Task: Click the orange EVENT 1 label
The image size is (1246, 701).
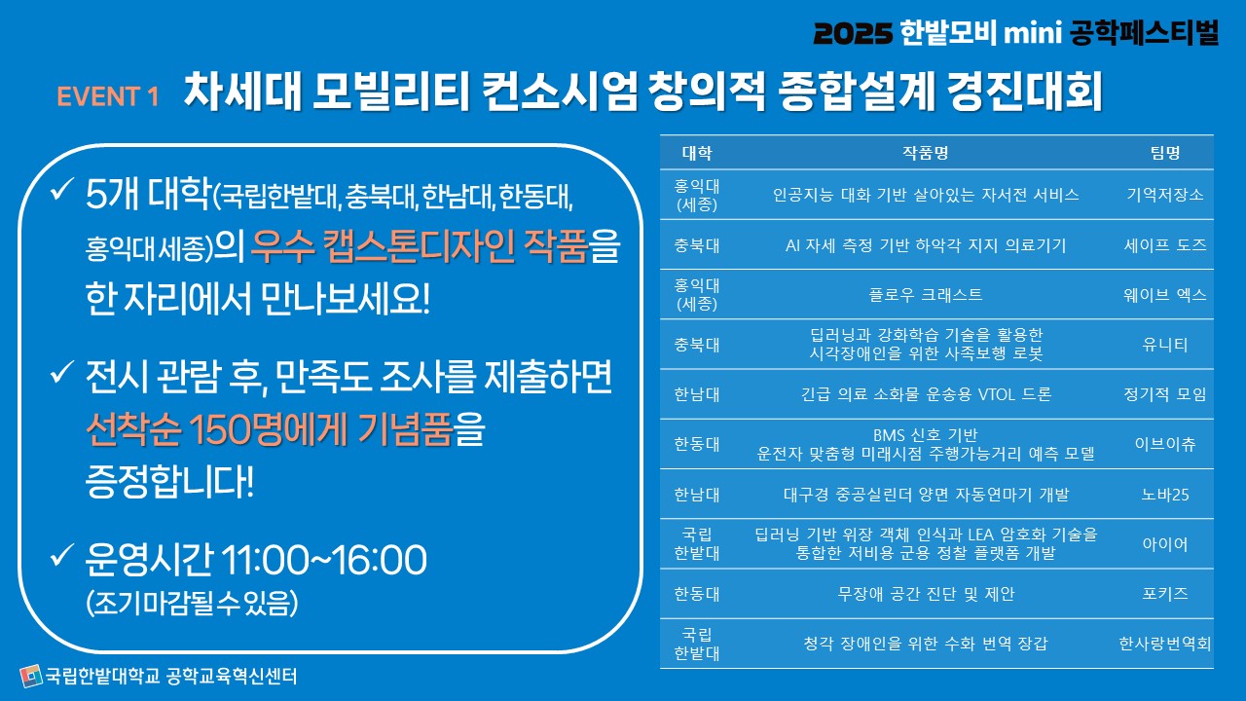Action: (108, 96)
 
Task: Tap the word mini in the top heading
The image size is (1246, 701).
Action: (1033, 33)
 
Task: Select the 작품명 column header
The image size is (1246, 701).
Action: (925, 153)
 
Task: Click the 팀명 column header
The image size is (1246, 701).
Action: (1165, 153)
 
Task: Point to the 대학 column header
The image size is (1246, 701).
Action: (696, 153)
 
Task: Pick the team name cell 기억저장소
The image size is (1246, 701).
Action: (1165, 194)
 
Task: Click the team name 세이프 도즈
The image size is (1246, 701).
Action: (1165, 244)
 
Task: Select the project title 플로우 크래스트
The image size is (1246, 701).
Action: (926, 294)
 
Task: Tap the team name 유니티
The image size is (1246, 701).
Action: (1165, 345)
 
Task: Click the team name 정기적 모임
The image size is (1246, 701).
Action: (1165, 394)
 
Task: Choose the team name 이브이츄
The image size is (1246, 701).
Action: (1165, 444)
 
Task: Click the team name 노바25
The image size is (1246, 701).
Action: (1165, 494)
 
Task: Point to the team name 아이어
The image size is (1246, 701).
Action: (1165, 543)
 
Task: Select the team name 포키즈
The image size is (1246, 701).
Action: (1165, 594)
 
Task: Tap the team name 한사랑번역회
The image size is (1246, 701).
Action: (1165, 644)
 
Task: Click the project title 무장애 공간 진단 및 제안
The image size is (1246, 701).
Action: (926, 594)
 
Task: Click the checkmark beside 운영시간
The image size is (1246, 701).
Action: (61, 555)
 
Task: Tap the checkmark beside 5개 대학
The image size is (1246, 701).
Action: (61, 190)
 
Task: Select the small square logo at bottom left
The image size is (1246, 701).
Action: (31, 676)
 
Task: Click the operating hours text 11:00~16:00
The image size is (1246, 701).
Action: (324, 560)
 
